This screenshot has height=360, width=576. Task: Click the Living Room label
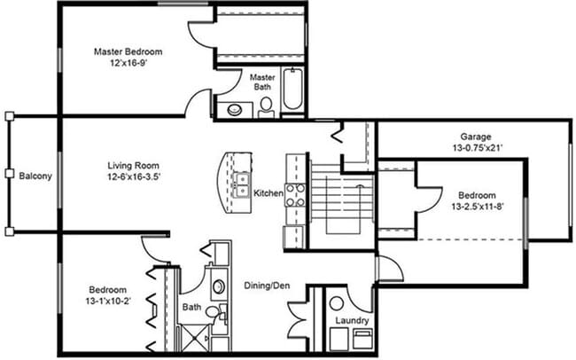[x=133, y=165]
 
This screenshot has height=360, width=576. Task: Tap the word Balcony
[x=35, y=176]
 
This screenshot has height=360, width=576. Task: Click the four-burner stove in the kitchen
[x=294, y=193]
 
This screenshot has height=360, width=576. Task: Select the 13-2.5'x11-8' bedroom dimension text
[x=477, y=207]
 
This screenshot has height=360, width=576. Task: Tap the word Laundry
[x=351, y=320]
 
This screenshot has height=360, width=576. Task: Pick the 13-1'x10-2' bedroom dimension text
[x=106, y=301]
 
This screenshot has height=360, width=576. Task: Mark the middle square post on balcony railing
[x=8, y=173]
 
